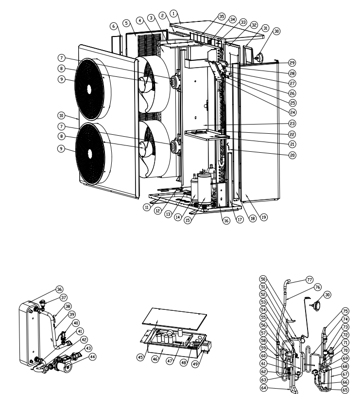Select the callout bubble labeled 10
61,116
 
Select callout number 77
309,280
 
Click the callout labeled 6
114,26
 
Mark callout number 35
222,17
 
